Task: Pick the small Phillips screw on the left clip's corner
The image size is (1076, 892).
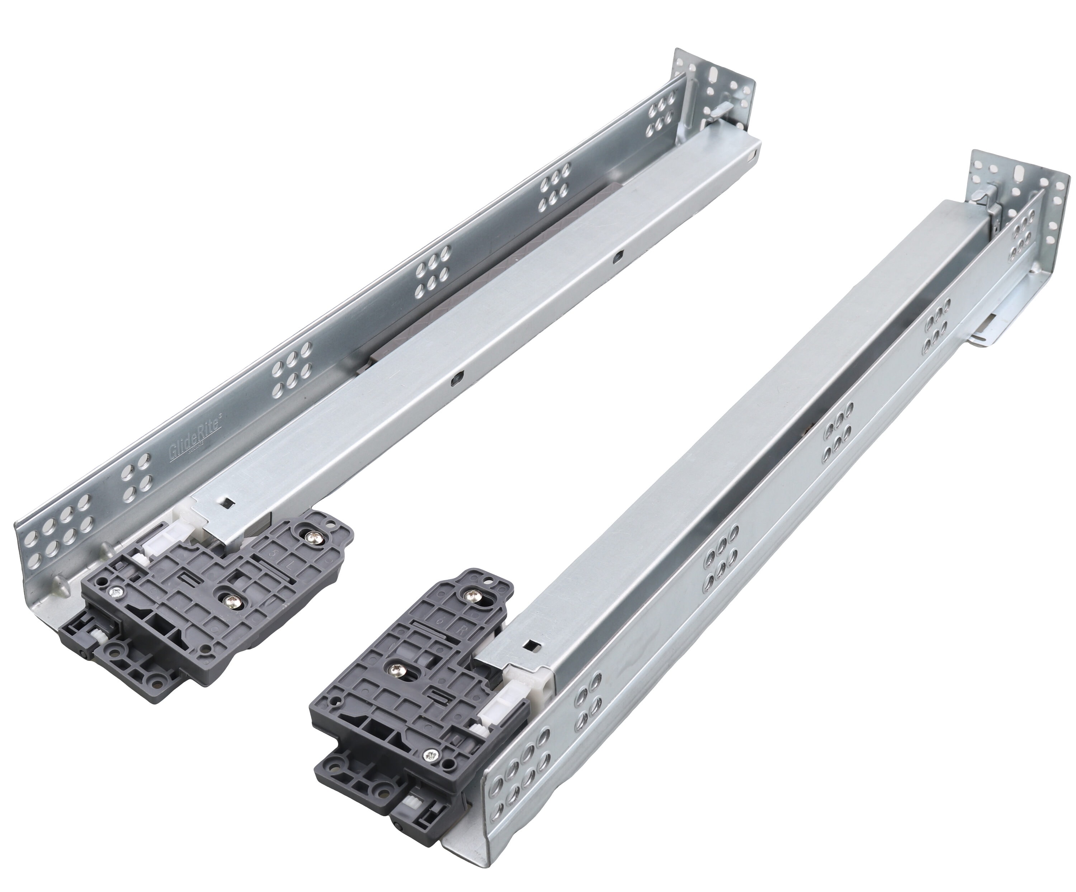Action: [115, 592]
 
